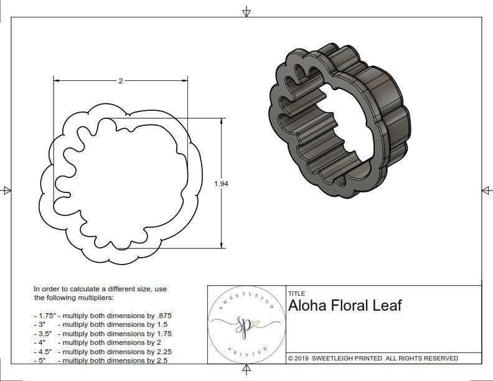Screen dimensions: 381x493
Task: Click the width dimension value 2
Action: point(120,81)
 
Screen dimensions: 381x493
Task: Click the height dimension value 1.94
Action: point(221,184)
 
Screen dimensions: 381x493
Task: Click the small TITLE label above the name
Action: point(296,293)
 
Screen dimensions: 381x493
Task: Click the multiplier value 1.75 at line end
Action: point(162,334)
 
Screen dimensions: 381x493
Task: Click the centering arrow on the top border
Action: point(247,12)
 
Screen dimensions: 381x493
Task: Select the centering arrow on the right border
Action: point(486,190)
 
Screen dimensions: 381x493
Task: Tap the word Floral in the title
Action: point(349,306)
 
